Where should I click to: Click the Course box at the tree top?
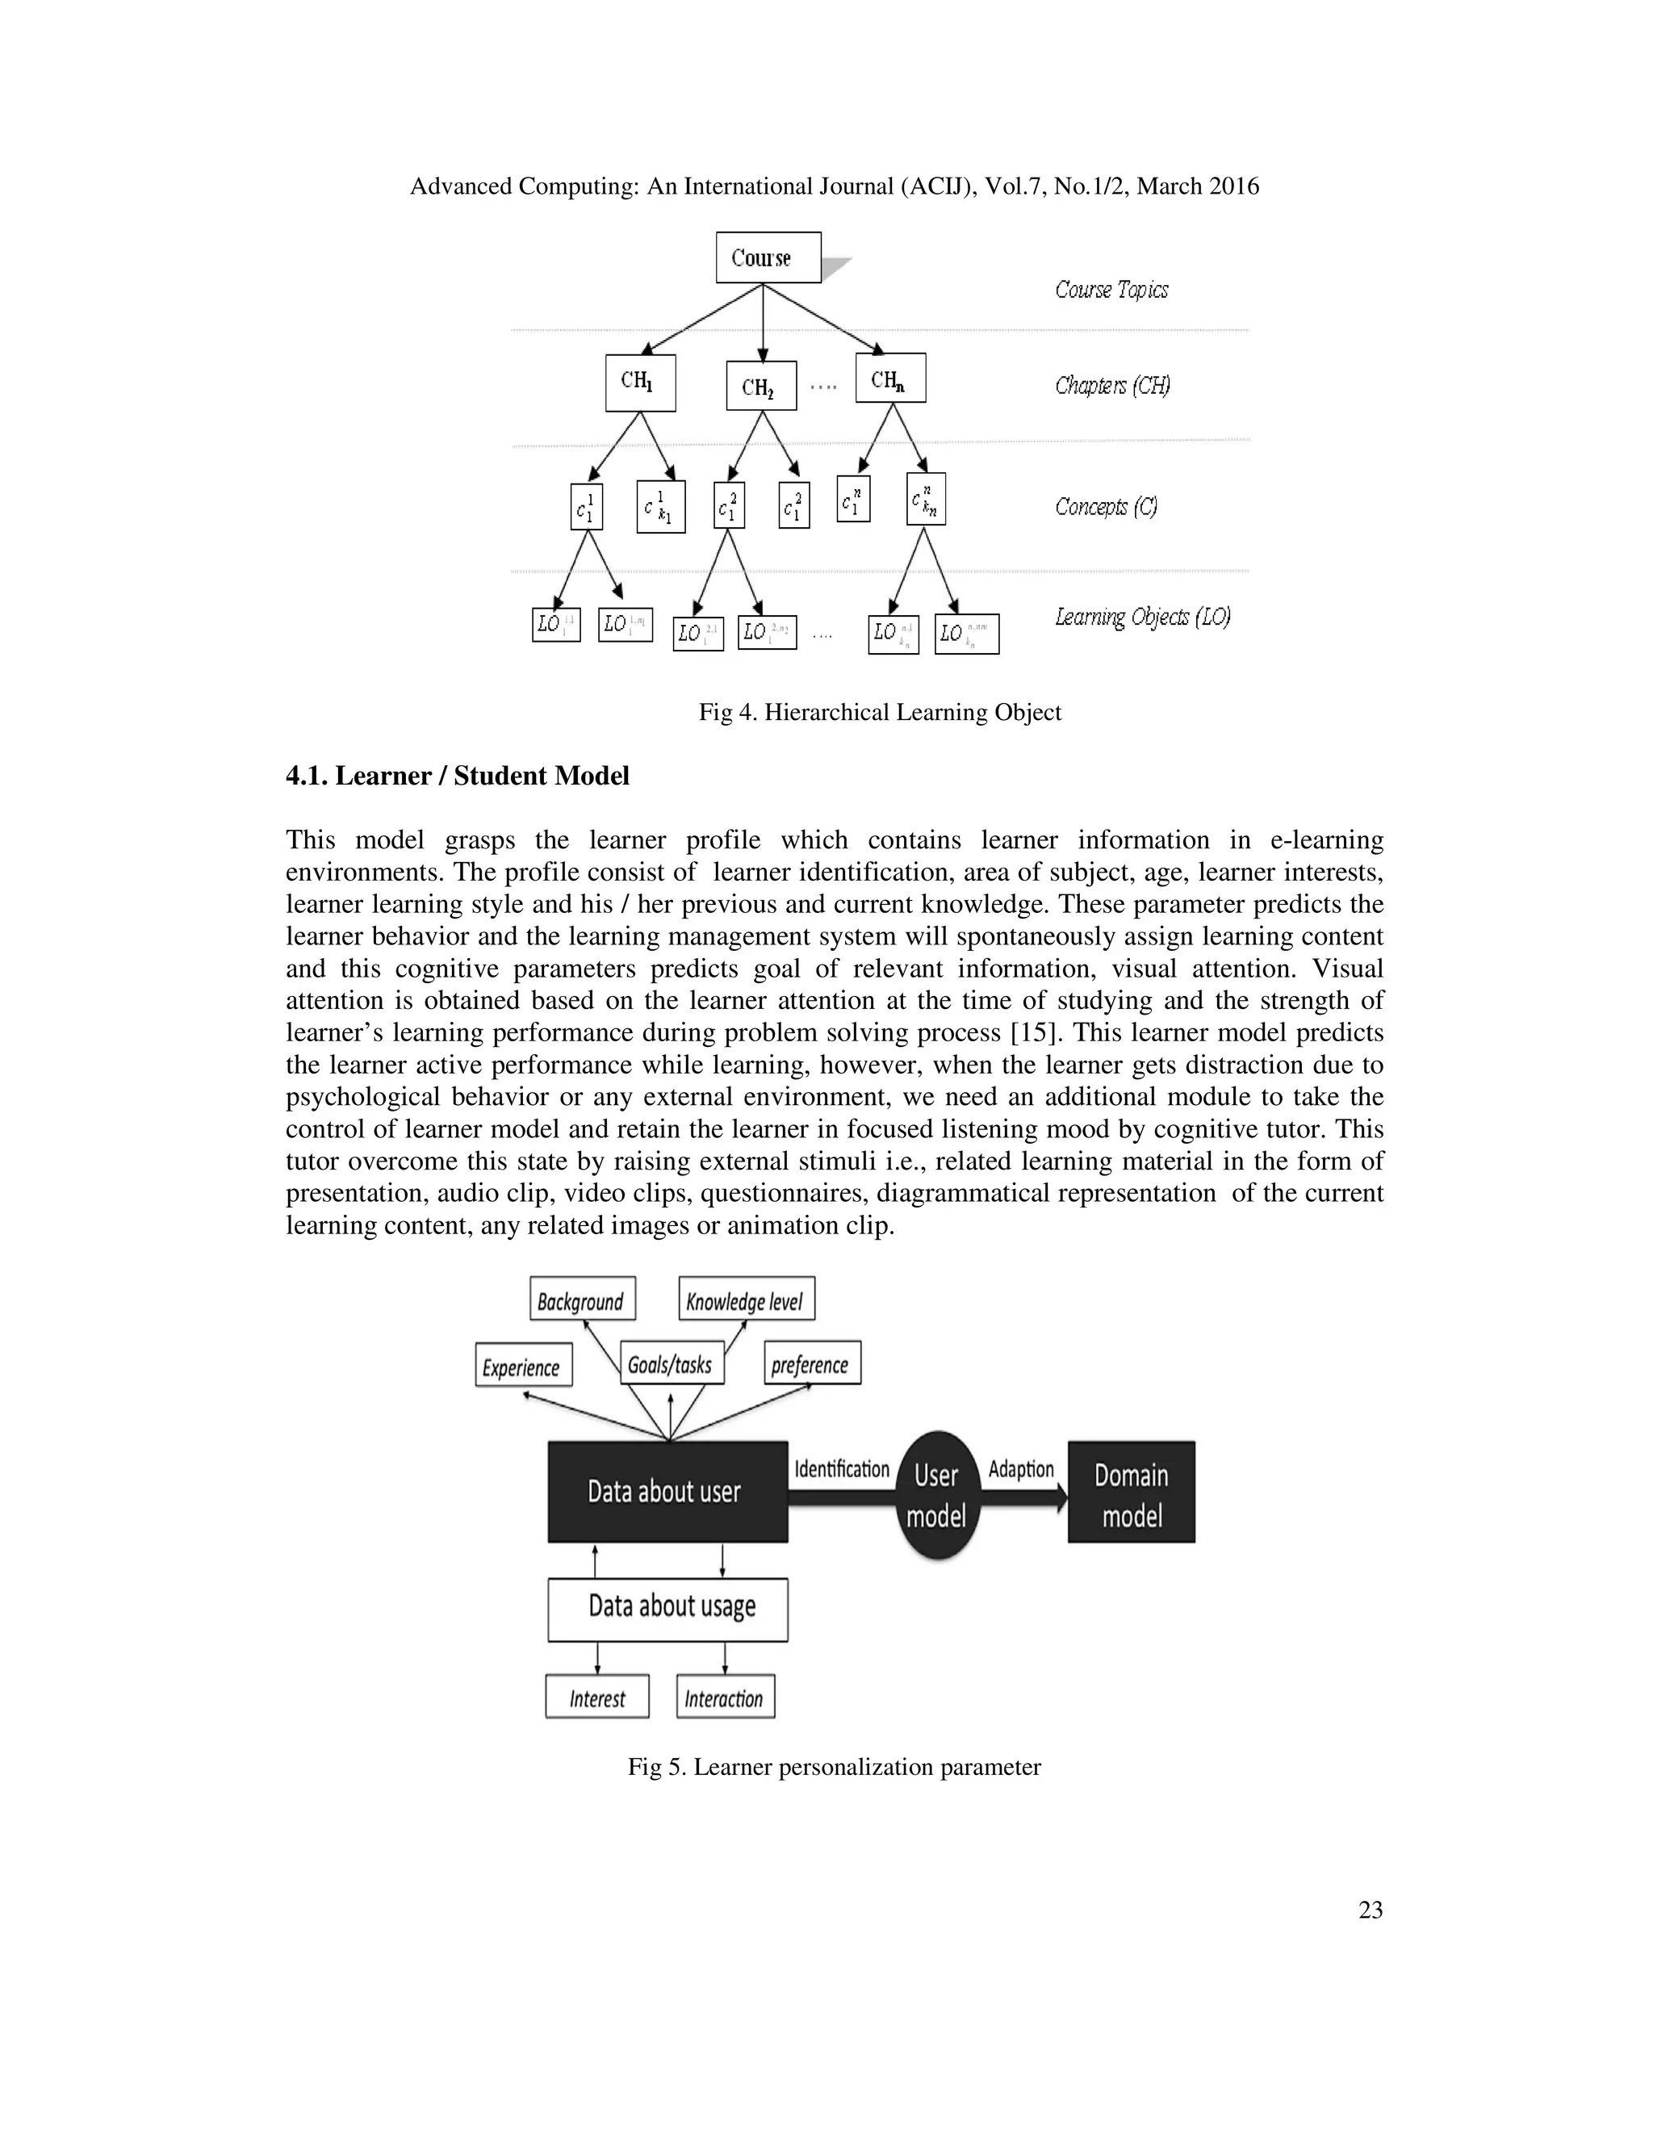tap(768, 257)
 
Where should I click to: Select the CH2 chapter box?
tap(761, 386)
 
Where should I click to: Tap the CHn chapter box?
tap(890, 378)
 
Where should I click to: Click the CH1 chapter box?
tap(640, 382)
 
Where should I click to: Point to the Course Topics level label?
tap(1111, 289)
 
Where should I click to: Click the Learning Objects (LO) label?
tap(1142, 616)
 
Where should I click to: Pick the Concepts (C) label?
tap(1106, 506)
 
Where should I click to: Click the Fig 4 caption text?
tap(880, 712)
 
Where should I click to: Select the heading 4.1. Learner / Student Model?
tap(458, 776)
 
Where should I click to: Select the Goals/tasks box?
tap(672, 1363)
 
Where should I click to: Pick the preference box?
tap(812, 1363)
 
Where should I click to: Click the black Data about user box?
tap(667, 1492)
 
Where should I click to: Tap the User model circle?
tap(936, 1495)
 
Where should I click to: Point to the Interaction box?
tap(725, 1697)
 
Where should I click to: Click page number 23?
tap(1370, 1909)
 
